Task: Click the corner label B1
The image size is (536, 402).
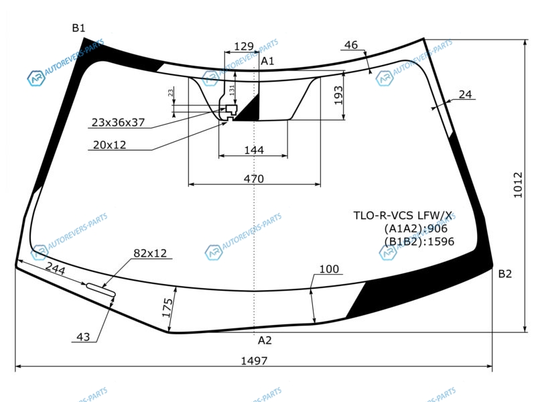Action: click(x=78, y=27)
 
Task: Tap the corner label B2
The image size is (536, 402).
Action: click(x=505, y=274)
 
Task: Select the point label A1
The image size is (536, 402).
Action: click(x=267, y=61)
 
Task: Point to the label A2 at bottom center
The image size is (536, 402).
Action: click(x=265, y=340)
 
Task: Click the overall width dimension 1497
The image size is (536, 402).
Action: click(x=254, y=360)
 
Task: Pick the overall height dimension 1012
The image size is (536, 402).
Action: click(x=518, y=185)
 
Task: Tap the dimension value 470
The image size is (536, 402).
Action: click(x=254, y=179)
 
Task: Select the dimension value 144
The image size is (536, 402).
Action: click(x=254, y=150)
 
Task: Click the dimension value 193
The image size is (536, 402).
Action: click(x=338, y=95)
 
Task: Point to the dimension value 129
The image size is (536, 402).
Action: click(x=244, y=46)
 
